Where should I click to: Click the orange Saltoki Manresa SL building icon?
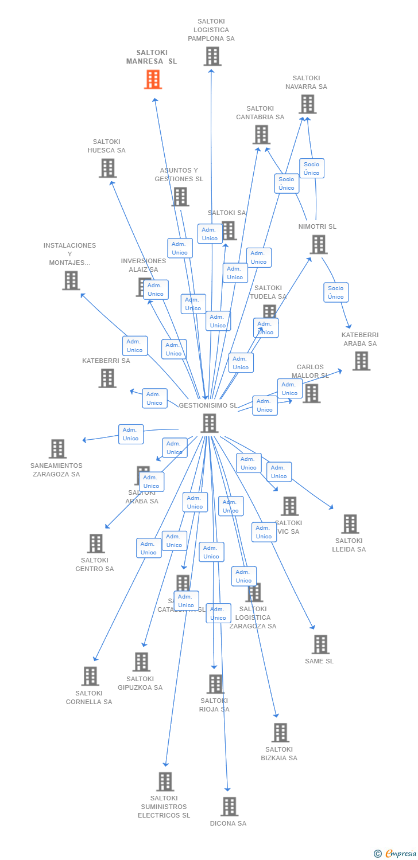pyautogui.click(x=153, y=79)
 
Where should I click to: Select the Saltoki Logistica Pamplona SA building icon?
pyautogui.click(x=212, y=56)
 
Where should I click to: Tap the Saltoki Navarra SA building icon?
pyautogui.click(x=307, y=104)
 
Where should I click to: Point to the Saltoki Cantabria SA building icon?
pyautogui.click(x=261, y=135)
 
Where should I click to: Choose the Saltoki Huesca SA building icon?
pyautogui.click(x=107, y=168)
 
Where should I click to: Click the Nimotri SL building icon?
pyautogui.click(x=318, y=244)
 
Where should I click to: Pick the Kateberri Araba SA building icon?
pyautogui.click(x=361, y=361)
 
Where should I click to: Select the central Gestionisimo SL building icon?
pyautogui.click(x=210, y=423)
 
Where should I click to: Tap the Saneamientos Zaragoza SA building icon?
pyautogui.click(x=57, y=449)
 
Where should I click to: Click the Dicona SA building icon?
pyautogui.click(x=229, y=806)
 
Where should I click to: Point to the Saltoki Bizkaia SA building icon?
pyautogui.click(x=280, y=732)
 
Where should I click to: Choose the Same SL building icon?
pyautogui.click(x=320, y=644)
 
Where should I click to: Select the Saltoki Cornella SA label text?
pyautogui.click(x=89, y=697)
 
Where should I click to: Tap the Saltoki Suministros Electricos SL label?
pyautogui.click(x=164, y=806)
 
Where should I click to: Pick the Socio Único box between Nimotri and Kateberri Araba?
pyautogui.click(x=336, y=292)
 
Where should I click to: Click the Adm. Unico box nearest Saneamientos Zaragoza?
pyautogui.click(x=131, y=434)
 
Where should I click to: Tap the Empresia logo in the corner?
pyautogui.click(x=396, y=854)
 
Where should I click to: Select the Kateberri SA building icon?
pyautogui.click(x=107, y=378)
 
